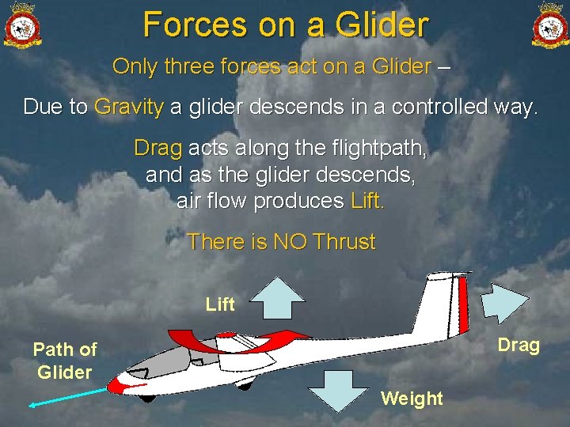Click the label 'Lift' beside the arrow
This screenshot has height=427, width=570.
coord(220,304)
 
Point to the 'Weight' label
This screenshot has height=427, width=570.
coord(412,399)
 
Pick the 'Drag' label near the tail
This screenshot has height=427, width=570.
coord(519,346)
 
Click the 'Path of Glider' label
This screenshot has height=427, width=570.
coord(65,361)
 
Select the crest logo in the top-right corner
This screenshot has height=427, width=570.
coord(549,25)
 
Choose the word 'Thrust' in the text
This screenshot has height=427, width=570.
coord(344,242)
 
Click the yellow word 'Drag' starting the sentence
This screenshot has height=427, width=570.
coord(158,148)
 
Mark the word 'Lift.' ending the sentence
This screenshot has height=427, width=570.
coord(367,201)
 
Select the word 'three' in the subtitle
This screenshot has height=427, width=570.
coord(192,66)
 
